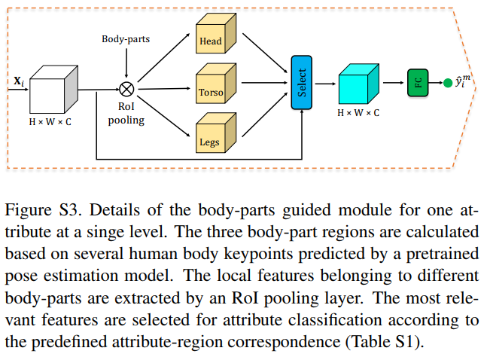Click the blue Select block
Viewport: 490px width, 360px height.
tap(302, 83)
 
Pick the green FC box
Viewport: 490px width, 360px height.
tap(418, 83)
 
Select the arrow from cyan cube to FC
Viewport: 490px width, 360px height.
tap(393, 83)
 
